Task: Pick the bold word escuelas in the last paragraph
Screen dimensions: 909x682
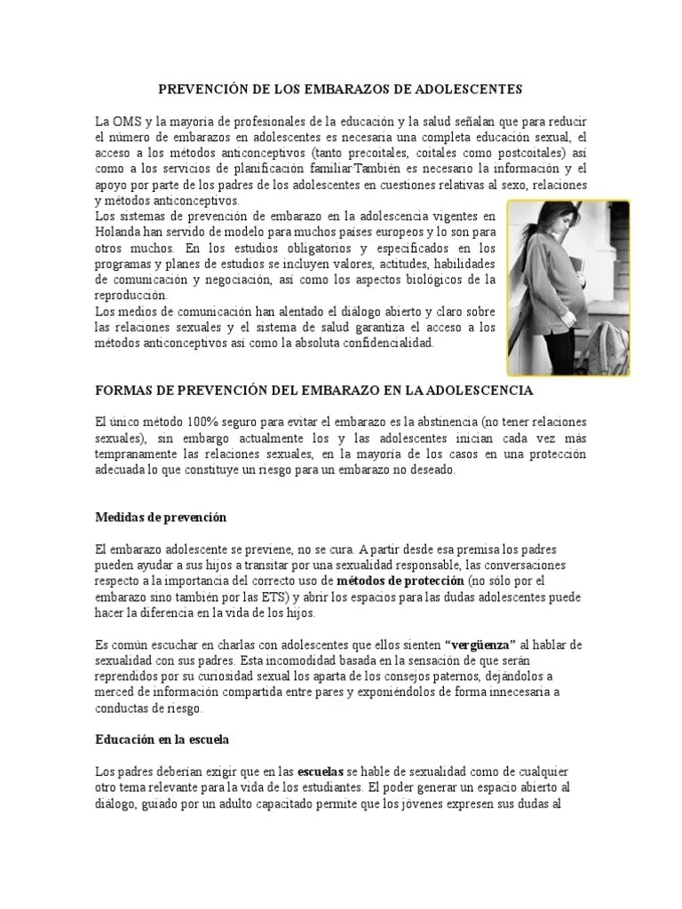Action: click(x=323, y=771)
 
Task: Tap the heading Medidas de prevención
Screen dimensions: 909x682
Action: click(x=161, y=517)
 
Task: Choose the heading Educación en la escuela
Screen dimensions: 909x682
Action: click(x=164, y=739)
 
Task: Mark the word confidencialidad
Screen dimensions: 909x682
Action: click(x=383, y=343)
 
